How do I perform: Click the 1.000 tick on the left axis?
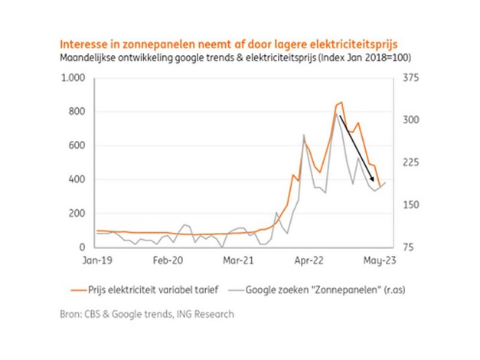coord(73,78)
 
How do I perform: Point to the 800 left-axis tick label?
coord(77,112)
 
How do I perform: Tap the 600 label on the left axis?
coord(77,146)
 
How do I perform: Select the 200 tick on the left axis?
coord(77,214)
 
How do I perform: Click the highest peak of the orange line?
coord(341,102)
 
